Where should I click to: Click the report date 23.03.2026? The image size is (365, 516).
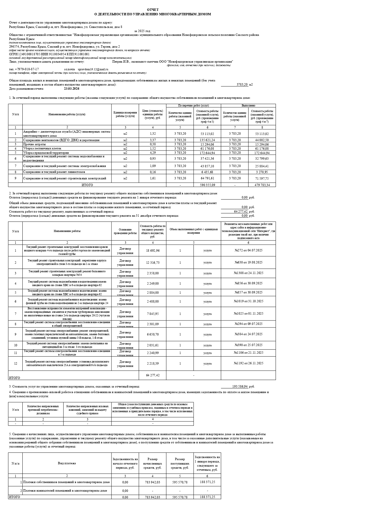(71, 88)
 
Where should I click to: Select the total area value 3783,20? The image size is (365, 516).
(242, 85)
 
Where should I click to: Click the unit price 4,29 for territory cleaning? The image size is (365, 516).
(152, 153)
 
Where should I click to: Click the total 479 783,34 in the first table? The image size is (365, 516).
(262, 185)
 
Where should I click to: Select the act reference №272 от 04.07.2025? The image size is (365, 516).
(248, 250)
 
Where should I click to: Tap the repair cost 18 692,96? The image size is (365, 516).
(152, 251)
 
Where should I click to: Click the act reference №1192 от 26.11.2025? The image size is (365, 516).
(248, 363)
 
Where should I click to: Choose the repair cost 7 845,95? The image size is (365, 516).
(152, 314)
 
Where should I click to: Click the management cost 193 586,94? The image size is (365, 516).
(240, 386)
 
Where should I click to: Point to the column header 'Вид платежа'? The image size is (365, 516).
(67, 463)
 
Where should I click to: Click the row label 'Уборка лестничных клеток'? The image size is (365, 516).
(42, 148)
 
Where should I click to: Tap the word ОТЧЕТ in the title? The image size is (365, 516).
(153, 10)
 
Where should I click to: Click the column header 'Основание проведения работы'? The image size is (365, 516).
(125, 231)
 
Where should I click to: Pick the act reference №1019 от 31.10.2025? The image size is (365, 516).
(248, 301)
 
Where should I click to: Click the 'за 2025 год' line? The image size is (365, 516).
(142, 31)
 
